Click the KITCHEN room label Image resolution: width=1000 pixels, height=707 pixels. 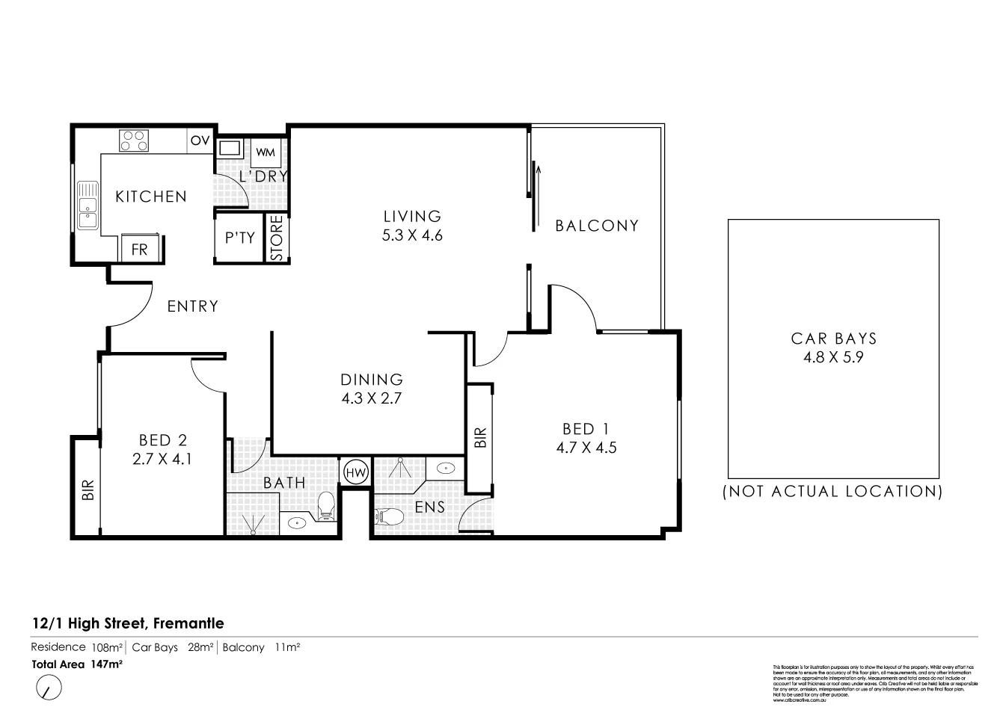(x=150, y=197)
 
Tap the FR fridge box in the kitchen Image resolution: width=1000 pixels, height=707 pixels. (x=140, y=250)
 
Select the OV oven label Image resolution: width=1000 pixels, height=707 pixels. (x=200, y=141)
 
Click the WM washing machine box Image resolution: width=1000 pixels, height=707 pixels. (x=266, y=152)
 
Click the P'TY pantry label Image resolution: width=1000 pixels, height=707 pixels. (x=240, y=238)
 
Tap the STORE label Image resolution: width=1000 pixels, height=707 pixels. (x=276, y=238)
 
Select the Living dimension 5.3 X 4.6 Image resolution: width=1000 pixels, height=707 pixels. (x=412, y=235)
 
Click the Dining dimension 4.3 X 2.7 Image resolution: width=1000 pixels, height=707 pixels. (x=372, y=398)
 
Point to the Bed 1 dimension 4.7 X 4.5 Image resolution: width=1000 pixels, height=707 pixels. (x=586, y=448)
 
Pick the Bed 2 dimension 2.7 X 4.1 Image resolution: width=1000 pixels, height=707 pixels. (x=162, y=460)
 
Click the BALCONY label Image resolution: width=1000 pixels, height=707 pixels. (x=597, y=225)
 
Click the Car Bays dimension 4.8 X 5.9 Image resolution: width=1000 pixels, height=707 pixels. (x=833, y=357)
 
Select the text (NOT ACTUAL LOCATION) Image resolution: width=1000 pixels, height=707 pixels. (x=832, y=491)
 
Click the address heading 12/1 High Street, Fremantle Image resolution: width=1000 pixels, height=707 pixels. (x=128, y=623)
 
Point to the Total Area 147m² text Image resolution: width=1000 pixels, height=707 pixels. (x=76, y=664)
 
